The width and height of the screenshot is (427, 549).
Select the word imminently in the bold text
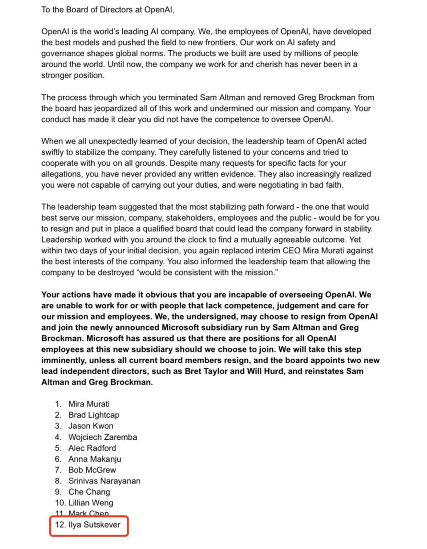(x=62, y=360)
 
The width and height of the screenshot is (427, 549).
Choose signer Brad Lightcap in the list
(x=93, y=415)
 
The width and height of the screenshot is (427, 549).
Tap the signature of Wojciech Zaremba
(x=102, y=437)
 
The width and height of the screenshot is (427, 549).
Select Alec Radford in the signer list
(x=92, y=448)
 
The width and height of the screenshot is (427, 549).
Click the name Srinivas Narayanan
(x=104, y=481)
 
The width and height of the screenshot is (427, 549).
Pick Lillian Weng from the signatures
(x=91, y=503)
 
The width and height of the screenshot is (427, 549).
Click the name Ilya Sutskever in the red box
(x=94, y=524)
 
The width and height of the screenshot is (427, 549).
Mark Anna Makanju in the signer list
(x=95, y=459)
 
